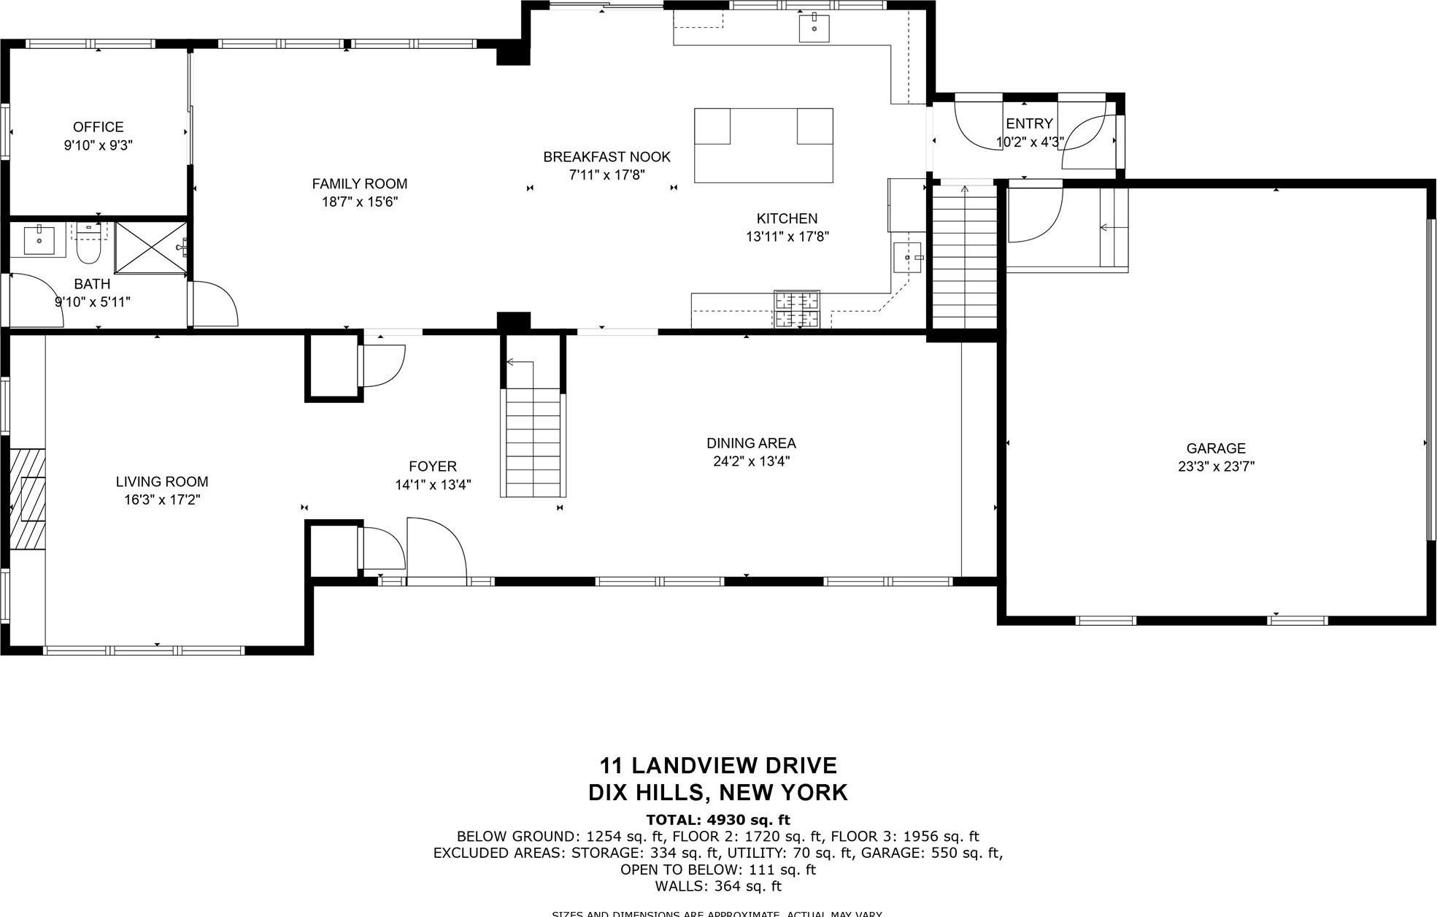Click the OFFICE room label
(x=98, y=127)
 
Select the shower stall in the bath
(x=151, y=248)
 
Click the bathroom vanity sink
(x=39, y=239)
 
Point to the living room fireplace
(x=28, y=498)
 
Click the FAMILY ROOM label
(x=359, y=184)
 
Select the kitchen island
(x=763, y=145)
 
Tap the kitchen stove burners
(x=796, y=309)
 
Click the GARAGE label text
(x=1215, y=448)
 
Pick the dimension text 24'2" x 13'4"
(x=751, y=461)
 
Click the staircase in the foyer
(x=533, y=442)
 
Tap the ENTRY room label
(x=1029, y=123)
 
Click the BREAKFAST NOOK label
(x=606, y=157)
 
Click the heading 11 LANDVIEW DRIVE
(x=718, y=766)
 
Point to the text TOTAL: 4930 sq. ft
(x=718, y=820)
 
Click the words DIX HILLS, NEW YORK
(x=718, y=792)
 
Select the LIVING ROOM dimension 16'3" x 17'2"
(x=162, y=500)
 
